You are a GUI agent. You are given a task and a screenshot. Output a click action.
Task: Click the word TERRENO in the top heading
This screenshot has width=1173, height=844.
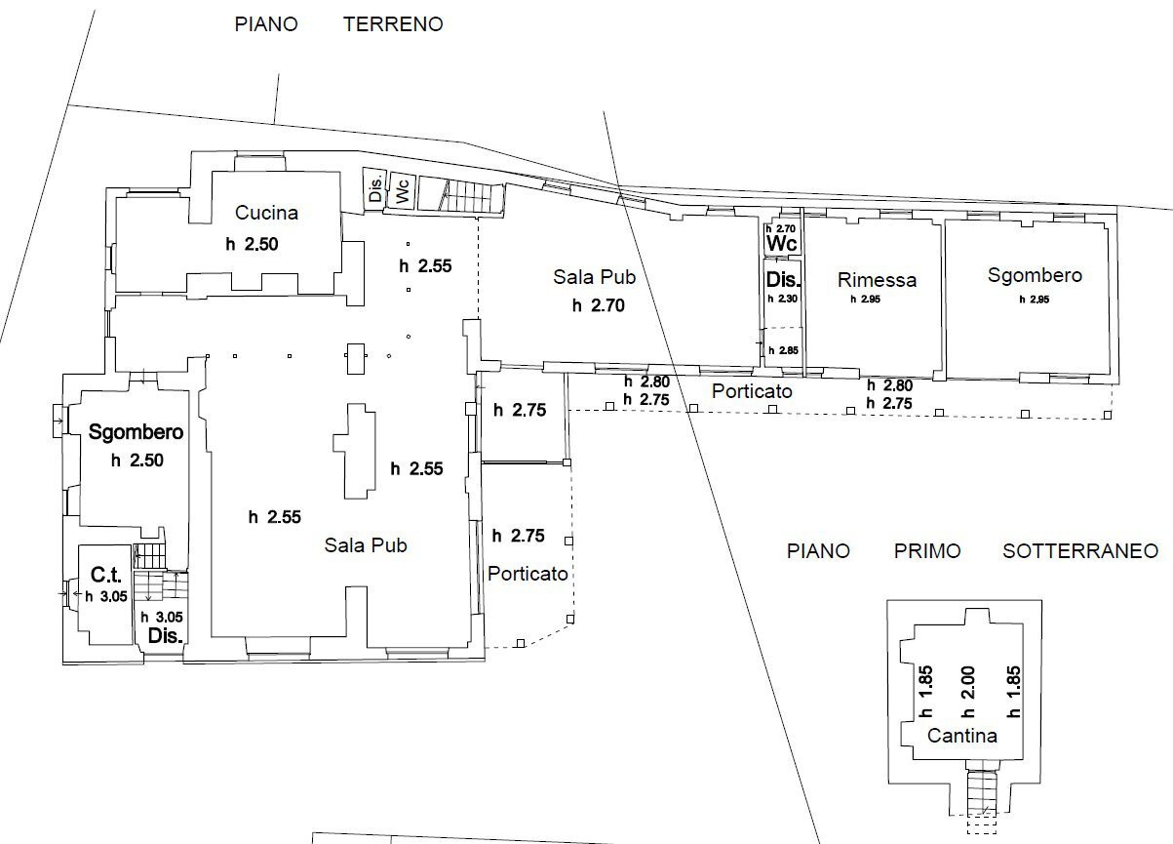pos(393,24)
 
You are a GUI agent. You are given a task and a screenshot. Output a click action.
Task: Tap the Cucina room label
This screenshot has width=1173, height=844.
pos(266,213)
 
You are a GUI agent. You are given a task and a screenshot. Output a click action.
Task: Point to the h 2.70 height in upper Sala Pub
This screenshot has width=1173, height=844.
pos(598,305)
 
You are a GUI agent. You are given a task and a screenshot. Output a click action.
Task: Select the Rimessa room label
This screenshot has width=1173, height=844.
pos(877,280)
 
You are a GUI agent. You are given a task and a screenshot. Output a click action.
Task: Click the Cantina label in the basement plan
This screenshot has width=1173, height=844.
pos(962,736)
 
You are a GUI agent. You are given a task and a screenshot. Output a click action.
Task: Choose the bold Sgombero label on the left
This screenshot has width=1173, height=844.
pos(137,431)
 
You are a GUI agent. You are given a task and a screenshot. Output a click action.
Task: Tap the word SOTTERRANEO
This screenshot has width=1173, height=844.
pos(1080,551)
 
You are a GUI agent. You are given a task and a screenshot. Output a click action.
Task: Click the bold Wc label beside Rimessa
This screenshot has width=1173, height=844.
pos(782,242)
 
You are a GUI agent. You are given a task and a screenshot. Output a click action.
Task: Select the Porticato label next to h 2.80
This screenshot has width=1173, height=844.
pos(751,391)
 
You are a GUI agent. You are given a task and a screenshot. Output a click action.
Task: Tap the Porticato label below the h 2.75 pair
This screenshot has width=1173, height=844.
pos(528,574)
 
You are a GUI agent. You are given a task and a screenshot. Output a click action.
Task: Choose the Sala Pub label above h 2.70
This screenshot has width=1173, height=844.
pos(594,277)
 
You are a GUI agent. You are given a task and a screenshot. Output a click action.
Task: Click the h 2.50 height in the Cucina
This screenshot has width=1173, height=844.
pos(252,245)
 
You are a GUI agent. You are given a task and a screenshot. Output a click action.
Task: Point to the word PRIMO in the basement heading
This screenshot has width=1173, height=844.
pos(926,551)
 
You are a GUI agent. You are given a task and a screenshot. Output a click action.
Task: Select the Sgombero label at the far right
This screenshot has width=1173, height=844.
pos(1035,275)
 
